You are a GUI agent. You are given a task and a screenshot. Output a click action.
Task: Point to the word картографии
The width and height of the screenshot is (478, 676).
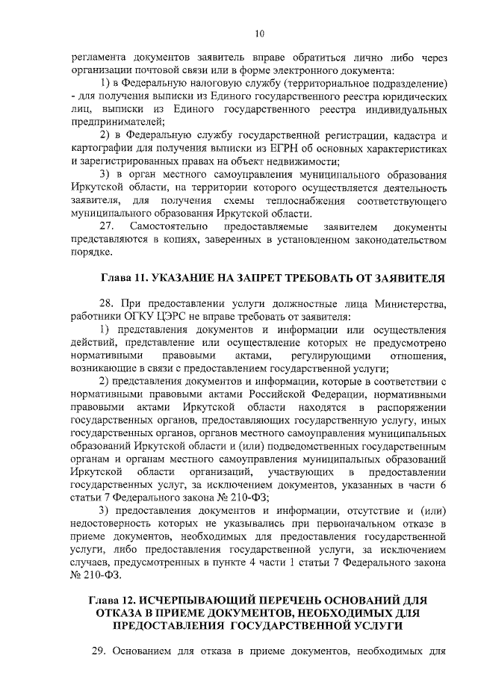tap(102, 149)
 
